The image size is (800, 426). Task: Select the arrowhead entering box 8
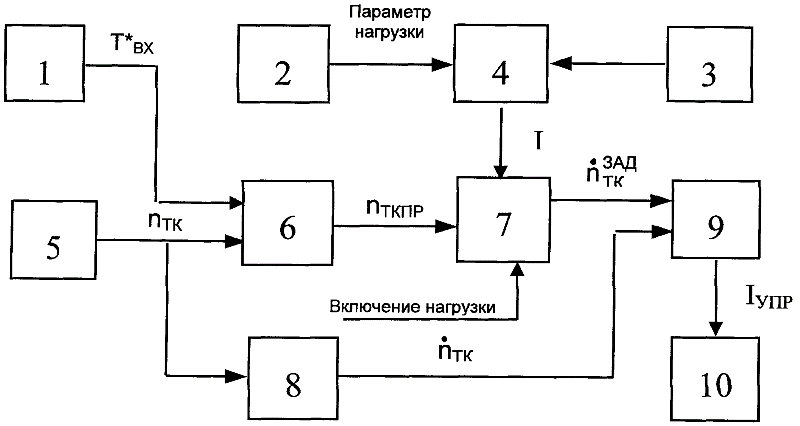tap(240, 377)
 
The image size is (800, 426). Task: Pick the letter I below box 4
tap(538, 140)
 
